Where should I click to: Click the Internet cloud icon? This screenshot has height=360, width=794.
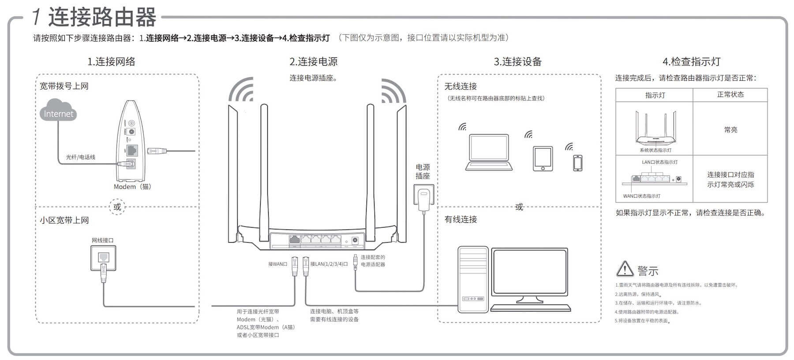point(58,111)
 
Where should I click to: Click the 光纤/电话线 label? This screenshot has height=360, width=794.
point(80,157)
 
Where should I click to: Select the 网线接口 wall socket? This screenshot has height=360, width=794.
point(103,258)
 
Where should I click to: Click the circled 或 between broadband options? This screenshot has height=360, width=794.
point(117,207)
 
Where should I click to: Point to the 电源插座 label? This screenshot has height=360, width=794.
point(423,171)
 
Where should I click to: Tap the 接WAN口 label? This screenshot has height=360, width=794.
point(277,264)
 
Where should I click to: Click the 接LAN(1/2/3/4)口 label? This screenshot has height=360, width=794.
point(329,264)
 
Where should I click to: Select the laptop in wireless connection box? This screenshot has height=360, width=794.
point(489,153)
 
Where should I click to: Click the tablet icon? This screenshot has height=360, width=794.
point(543,158)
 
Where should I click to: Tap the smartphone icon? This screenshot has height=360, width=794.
point(577,163)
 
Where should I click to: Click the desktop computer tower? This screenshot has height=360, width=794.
point(473,279)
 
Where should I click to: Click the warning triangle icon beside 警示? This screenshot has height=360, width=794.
point(625,269)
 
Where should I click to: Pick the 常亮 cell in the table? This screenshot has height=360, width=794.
point(730,130)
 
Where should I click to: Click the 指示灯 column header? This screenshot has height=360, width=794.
point(655,95)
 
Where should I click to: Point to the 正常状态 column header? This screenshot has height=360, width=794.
point(730,94)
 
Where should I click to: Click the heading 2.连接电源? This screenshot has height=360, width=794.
point(314,62)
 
